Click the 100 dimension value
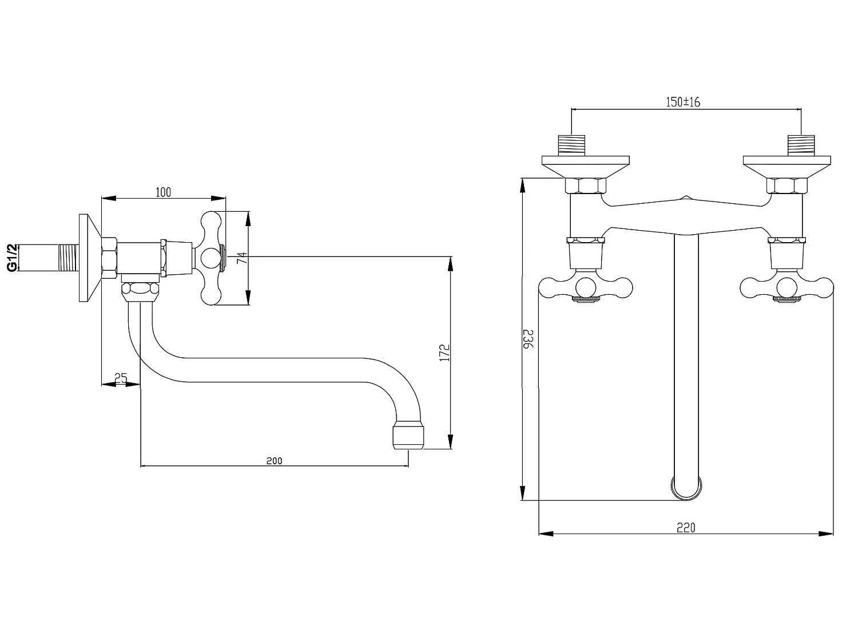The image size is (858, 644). point(164,192)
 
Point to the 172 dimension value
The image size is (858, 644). point(446,352)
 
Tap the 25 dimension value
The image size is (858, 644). point(121,378)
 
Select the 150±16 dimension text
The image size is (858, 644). point(683,102)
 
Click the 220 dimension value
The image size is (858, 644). point(686,528)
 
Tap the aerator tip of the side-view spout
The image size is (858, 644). point(408,436)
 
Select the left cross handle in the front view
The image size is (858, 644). point(586,288)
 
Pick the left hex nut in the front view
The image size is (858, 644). point(585,187)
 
